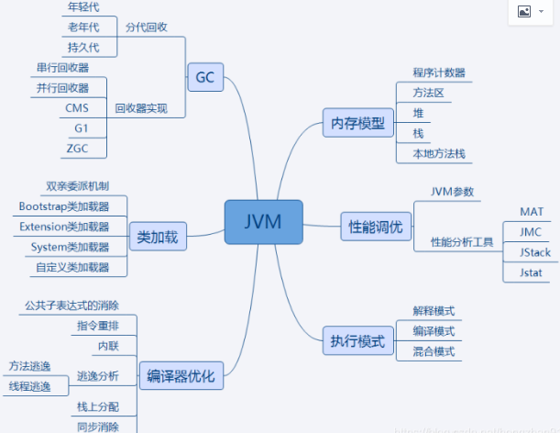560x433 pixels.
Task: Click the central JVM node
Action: pos(263,222)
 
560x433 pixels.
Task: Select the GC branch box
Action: pos(204,77)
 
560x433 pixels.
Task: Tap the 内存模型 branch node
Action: pos(357,122)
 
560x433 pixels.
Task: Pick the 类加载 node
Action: pos(157,238)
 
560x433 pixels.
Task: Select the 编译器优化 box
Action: pos(181,375)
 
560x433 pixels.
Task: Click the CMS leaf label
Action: pos(77,108)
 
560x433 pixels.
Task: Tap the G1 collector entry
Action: pos(82,128)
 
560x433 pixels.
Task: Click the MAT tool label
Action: pos(532,212)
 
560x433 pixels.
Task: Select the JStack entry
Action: pos(534,252)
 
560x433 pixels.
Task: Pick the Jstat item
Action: pos(532,272)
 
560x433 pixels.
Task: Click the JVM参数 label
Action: pos(457,192)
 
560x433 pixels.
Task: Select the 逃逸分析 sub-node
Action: pos(97,375)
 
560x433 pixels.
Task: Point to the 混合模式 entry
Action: pos(434,350)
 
